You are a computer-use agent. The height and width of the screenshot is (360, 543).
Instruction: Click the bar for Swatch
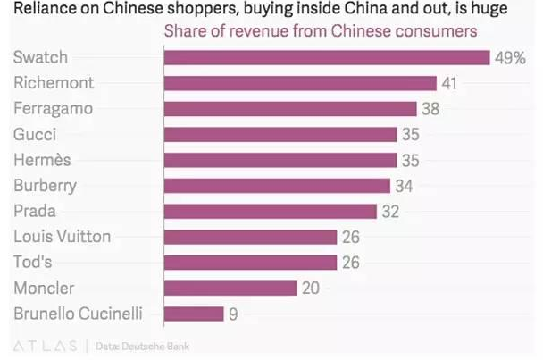(x=327, y=57)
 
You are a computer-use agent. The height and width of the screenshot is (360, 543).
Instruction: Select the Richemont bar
(x=300, y=83)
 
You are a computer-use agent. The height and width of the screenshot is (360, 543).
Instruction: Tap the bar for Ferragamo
(x=290, y=109)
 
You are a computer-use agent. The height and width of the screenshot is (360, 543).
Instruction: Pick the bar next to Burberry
(x=277, y=186)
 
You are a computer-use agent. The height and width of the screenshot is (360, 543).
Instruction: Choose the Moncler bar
(x=230, y=288)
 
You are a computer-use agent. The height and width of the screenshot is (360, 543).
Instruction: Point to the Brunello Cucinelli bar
(x=194, y=314)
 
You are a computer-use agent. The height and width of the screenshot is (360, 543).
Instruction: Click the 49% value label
(x=510, y=58)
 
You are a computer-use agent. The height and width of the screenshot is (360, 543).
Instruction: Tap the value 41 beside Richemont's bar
(x=449, y=83)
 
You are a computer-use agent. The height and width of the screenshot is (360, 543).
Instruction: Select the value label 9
(x=233, y=314)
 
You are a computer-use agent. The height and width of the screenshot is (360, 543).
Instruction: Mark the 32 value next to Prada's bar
(x=390, y=212)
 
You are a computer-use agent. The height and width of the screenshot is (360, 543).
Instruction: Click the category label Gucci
(x=35, y=134)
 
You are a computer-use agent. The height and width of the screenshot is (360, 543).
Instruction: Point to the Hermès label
(x=42, y=160)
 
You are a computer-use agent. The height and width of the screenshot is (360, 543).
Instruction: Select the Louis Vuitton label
(x=63, y=237)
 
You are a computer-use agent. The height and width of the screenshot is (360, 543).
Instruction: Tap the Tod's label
(x=32, y=262)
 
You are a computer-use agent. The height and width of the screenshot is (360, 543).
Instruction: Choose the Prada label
(x=35, y=211)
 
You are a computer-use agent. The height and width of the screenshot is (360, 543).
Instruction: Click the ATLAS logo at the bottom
(x=45, y=346)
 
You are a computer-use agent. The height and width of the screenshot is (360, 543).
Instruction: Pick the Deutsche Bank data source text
(x=142, y=346)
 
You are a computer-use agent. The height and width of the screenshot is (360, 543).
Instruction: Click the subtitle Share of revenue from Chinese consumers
(x=321, y=31)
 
